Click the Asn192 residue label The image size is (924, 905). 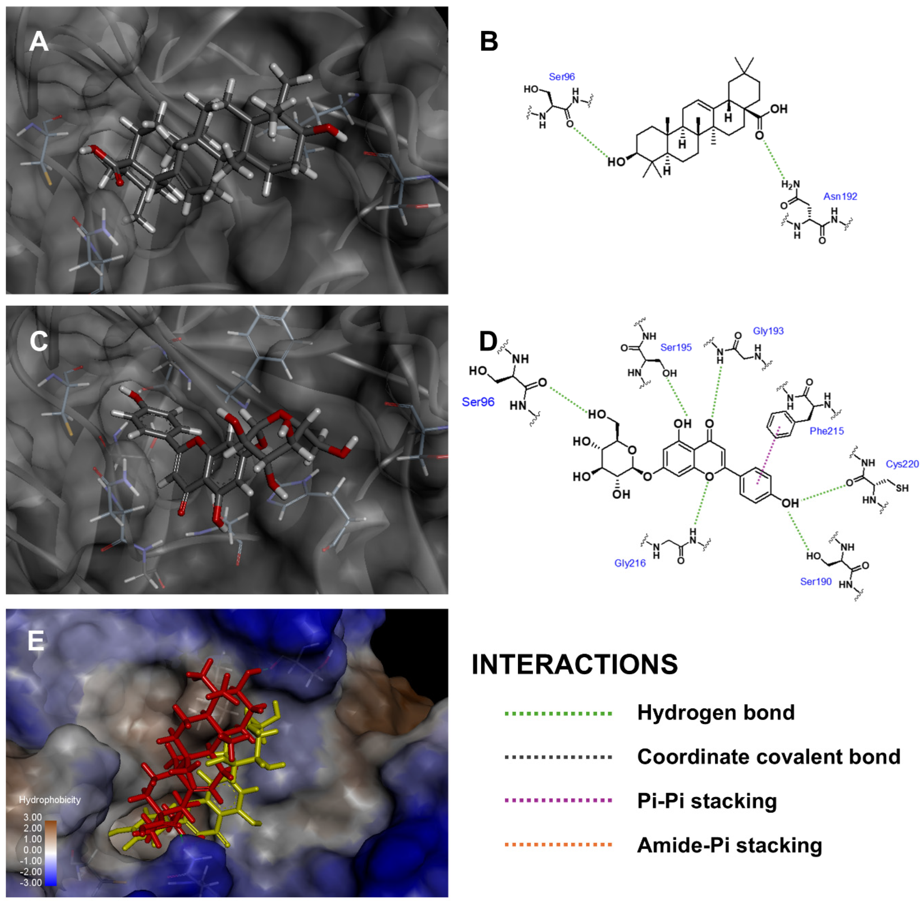tap(840, 196)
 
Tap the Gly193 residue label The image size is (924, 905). tap(768, 331)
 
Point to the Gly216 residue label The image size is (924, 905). tap(630, 563)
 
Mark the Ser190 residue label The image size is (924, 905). tap(816, 581)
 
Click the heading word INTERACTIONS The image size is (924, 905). tap(575, 665)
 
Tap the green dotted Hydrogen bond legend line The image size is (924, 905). tap(558, 713)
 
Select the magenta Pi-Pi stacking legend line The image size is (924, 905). tap(558, 800)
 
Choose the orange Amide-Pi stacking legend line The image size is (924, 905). tap(558, 844)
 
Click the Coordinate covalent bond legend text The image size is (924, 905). tap(769, 757)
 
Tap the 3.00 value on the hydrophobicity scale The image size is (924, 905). tap(33, 817)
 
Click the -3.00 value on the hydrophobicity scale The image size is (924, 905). tap(31, 882)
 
